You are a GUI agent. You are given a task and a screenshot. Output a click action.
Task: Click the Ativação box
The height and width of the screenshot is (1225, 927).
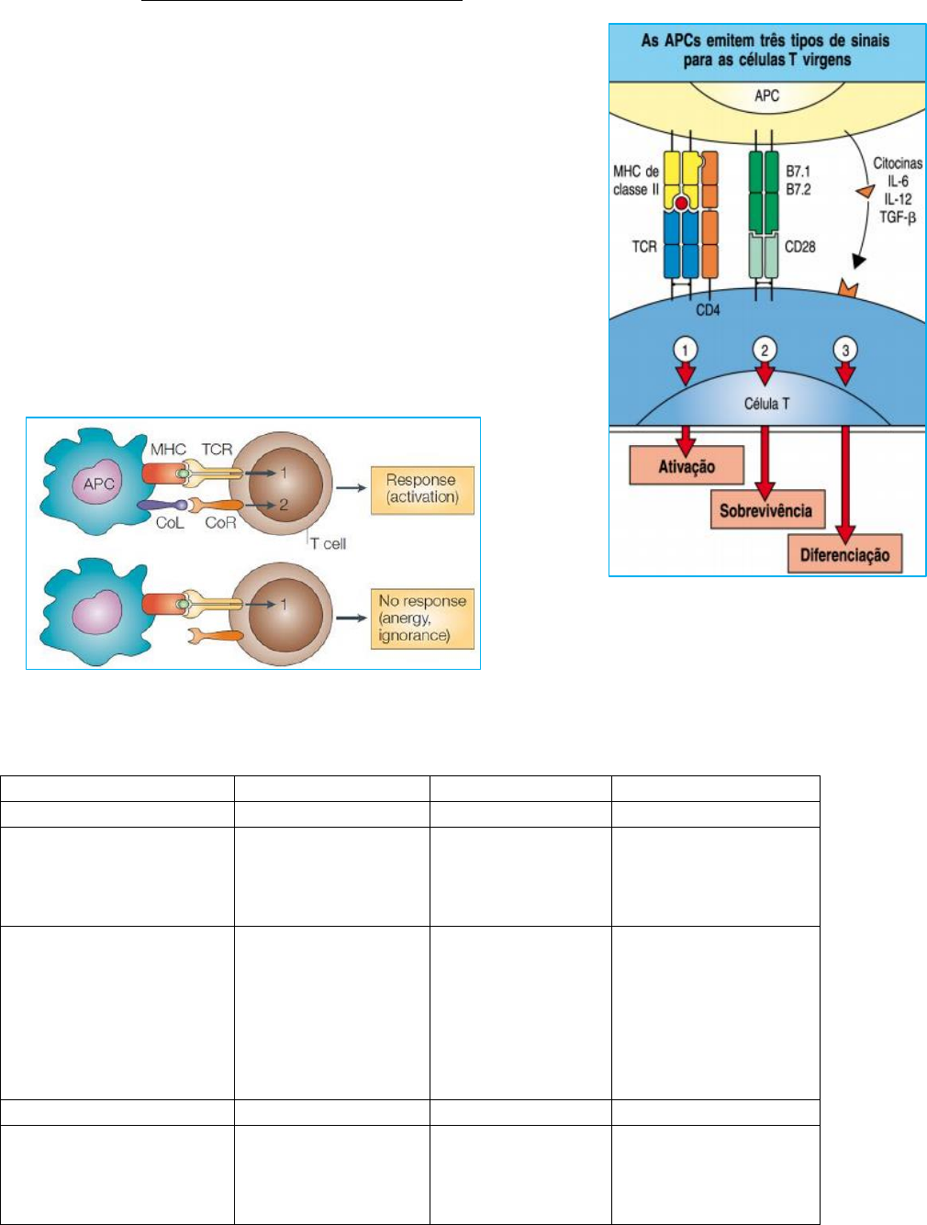tap(686, 465)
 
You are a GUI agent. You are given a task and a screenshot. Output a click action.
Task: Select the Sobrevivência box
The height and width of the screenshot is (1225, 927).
tap(765, 510)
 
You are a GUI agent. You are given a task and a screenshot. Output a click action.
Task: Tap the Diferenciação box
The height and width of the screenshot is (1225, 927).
tap(844, 554)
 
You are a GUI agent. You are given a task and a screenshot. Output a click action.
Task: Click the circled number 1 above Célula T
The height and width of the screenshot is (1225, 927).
tap(685, 350)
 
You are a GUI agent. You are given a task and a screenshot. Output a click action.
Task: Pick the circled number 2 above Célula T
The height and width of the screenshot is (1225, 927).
tap(765, 350)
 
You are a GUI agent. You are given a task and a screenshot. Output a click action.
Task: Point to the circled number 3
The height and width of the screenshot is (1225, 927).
tap(844, 350)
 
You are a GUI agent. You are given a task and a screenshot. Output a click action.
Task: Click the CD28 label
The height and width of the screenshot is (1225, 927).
tap(800, 247)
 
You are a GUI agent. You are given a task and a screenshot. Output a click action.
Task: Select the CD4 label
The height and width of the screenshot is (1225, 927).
tap(708, 310)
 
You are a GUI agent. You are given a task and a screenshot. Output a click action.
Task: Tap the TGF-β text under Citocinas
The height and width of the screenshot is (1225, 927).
tap(898, 217)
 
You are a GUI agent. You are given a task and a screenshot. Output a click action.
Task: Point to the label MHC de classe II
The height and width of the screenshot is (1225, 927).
tap(636, 180)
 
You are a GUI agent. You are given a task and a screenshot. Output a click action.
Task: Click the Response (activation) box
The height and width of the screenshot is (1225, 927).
tap(421, 489)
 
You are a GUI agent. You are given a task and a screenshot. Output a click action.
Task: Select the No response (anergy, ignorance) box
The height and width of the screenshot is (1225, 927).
tap(422, 618)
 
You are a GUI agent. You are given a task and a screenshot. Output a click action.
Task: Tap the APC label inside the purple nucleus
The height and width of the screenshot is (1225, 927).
tap(98, 483)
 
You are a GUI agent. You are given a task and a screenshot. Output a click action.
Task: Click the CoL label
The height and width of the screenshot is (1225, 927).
tap(169, 522)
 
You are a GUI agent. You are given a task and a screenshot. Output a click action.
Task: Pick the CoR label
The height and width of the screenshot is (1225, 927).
tap(220, 522)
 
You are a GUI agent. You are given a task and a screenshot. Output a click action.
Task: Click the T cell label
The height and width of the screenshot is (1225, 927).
tap(328, 543)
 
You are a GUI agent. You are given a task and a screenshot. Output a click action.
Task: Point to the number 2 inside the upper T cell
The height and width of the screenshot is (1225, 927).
tap(284, 504)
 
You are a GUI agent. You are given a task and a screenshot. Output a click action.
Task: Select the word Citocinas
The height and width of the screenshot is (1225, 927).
tap(897, 163)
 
